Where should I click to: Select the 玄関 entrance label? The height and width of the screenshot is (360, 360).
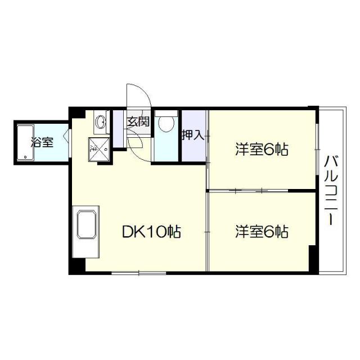pos(137,121)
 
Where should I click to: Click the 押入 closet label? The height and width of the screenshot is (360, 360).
pos(193,135)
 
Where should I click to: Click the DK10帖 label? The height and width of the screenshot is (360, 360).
pos(151,231)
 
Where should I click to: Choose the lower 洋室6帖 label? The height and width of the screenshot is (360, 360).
pos(262,231)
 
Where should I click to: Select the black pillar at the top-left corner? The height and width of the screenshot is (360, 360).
pos(76,112)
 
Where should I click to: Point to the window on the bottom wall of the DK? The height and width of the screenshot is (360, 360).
pos(138,273)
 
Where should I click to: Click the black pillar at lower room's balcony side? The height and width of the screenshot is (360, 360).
pos(313,259)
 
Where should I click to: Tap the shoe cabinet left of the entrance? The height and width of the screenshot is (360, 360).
pos(119,129)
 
